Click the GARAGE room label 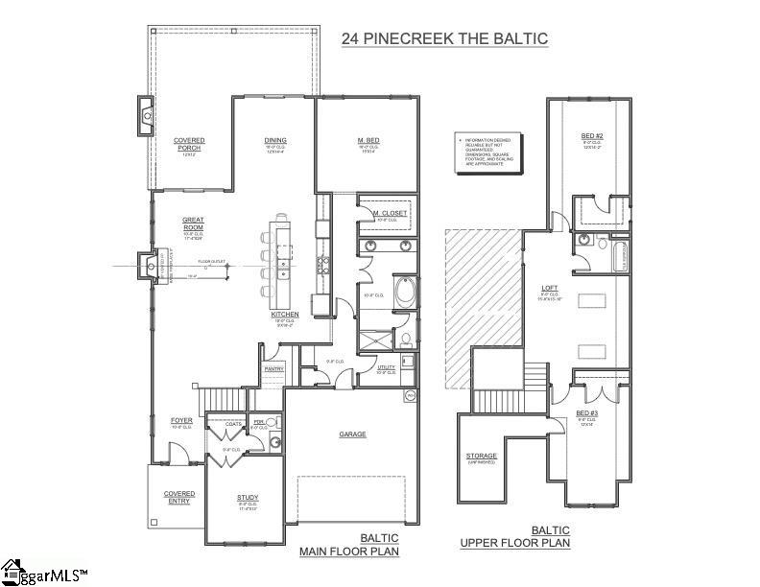click(x=352, y=434)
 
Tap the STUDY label click(x=248, y=497)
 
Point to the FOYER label click(x=181, y=420)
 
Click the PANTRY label click(x=273, y=367)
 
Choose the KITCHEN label click(x=285, y=315)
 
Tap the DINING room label click(x=275, y=141)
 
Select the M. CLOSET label click(x=387, y=211)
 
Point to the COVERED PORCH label click(x=189, y=144)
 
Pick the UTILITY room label click(x=387, y=366)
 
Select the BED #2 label click(x=591, y=137)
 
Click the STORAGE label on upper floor click(x=482, y=457)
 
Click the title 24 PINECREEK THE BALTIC click(x=444, y=39)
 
